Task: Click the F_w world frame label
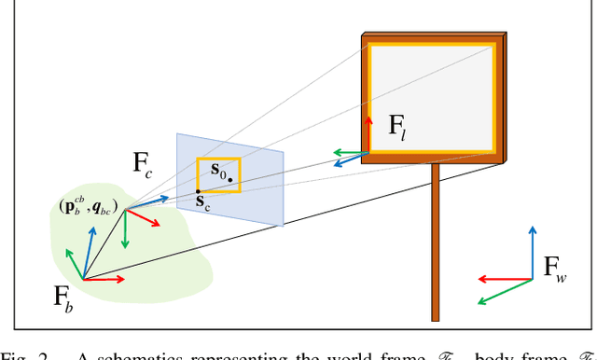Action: click(x=554, y=269)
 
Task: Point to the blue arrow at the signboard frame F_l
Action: click(x=351, y=159)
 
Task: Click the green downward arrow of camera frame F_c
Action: click(x=125, y=229)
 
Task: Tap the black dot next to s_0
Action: click(x=229, y=179)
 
